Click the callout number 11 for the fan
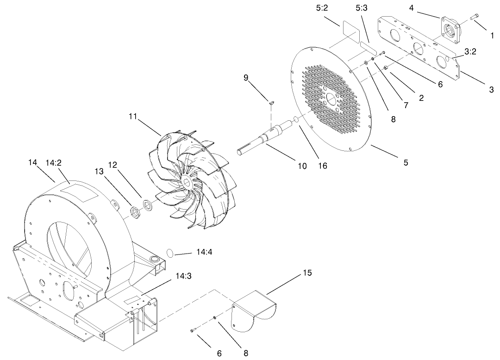pyautogui.click(x=133, y=117)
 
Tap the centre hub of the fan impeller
pyautogui.click(x=187, y=180)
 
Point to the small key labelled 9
pyautogui.click(x=272, y=103)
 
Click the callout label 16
pyautogui.click(x=322, y=165)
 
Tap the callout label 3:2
pyautogui.click(x=470, y=52)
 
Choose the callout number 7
pyautogui.click(x=406, y=105)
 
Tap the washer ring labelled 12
pyautogui.click(x=148, y=204)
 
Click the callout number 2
pyautogui.click(x=421, y=98)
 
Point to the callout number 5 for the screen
pyautogui.click(x=406, y=162)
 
